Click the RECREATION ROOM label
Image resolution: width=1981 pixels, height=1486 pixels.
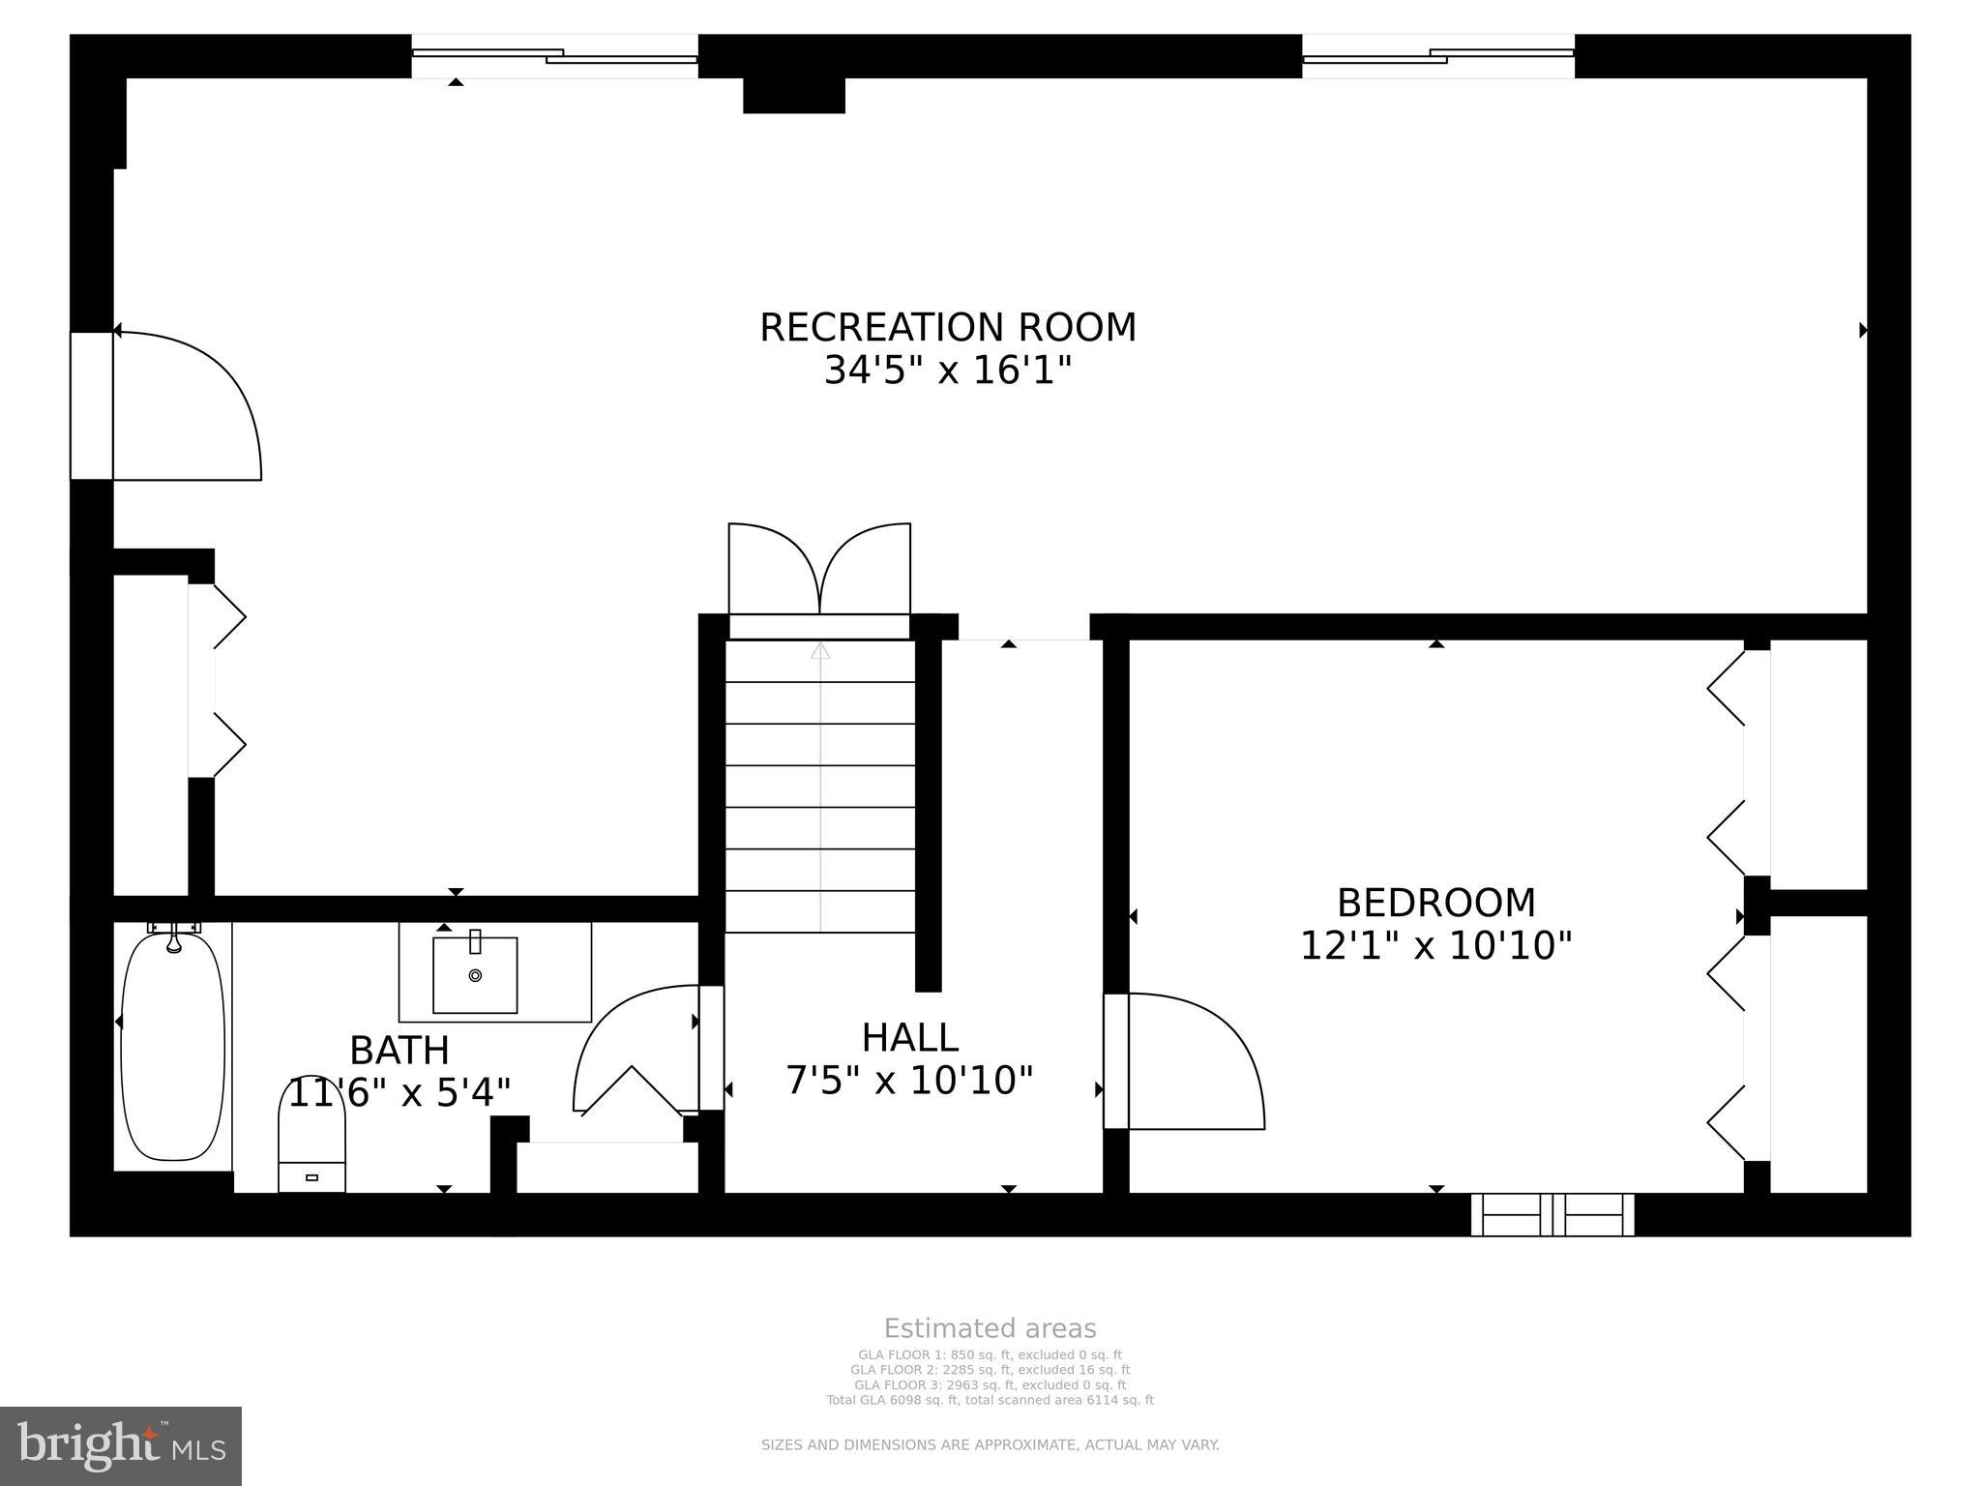(947, 328)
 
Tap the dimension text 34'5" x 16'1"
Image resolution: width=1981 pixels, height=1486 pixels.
(947, 371)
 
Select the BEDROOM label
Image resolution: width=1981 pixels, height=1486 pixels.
(1435, 903)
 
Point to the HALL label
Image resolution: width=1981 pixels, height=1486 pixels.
(909, 1038)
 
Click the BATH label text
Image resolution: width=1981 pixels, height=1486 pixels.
(399, 1051)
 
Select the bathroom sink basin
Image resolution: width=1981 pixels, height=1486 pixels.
(475, 975)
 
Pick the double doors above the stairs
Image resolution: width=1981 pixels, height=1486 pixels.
(819, 571)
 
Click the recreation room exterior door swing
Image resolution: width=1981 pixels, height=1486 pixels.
(184, 406)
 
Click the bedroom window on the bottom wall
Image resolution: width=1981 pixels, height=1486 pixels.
(1552, 1215)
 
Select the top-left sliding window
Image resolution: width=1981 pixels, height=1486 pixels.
(554, 56)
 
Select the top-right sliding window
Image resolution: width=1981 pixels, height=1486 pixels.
(1438, 56)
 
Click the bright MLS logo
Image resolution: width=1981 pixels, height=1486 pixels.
(121, 1445)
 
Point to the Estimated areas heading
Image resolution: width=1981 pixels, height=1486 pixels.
(990, 1328)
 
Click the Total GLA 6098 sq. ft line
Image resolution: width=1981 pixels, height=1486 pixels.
(990, 1400)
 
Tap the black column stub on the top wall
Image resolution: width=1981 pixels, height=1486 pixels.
(793, 95)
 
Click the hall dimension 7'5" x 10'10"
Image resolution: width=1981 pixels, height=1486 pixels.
(909, 1081)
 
